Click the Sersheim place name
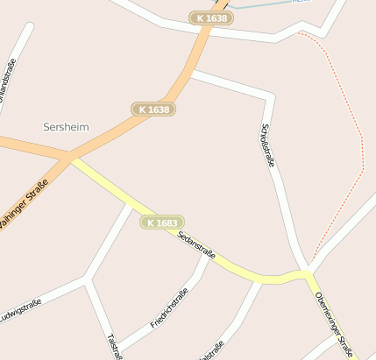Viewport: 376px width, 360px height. click(x=66, y=127)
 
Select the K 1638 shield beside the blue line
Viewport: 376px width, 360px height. click(x=211, y=18)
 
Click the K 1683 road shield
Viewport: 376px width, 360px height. click(x=162, y=223)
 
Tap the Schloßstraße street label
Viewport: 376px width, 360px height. click(x=268, y=145)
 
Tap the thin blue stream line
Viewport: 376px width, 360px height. click(x=263, y=5)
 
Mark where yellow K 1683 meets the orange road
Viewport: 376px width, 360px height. click(x=70, y=159)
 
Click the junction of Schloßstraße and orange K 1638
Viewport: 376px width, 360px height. click(x=190, y=75)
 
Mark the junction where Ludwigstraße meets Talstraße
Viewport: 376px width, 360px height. click(x=87, y=279)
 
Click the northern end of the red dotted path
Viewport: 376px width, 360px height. click(x=299, y=34)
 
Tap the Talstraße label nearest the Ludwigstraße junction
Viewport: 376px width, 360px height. click(x=113, y=347)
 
